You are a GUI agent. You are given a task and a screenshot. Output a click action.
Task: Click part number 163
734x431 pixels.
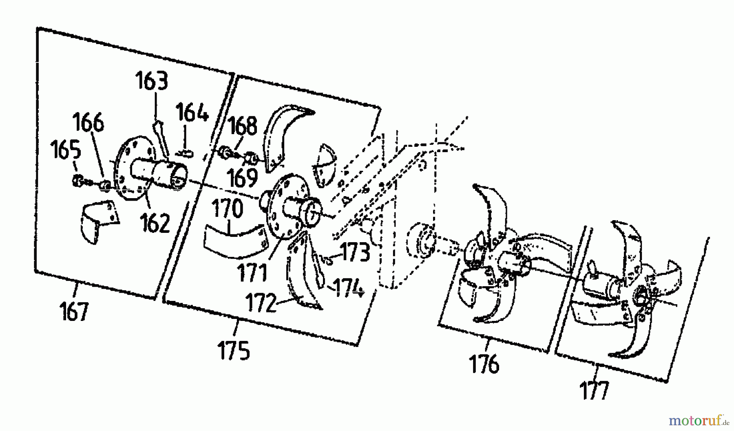[x=151, y=81]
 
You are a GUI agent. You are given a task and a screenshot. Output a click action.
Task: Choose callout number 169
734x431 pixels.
[x=243, y=177]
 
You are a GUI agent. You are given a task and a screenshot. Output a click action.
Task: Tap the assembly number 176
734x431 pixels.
[x=484, y=364]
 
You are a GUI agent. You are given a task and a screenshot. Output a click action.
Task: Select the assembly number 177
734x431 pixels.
[x=594, y=391]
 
